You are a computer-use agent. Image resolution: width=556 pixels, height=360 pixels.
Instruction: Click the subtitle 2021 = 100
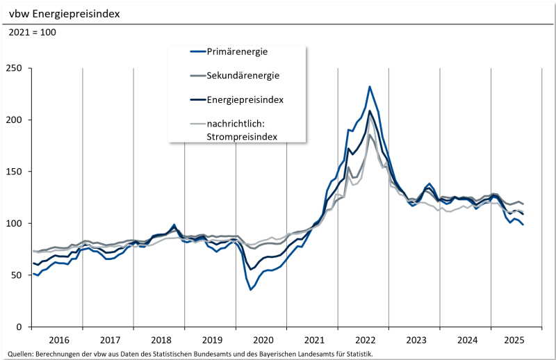click(33, 32)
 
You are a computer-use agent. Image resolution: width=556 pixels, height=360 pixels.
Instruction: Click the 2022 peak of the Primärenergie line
click(370, 87)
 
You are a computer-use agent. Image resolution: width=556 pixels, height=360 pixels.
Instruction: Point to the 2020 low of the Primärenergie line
click(250, 289)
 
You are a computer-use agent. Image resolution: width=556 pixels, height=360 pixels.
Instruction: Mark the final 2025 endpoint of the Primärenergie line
click(523, 224)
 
